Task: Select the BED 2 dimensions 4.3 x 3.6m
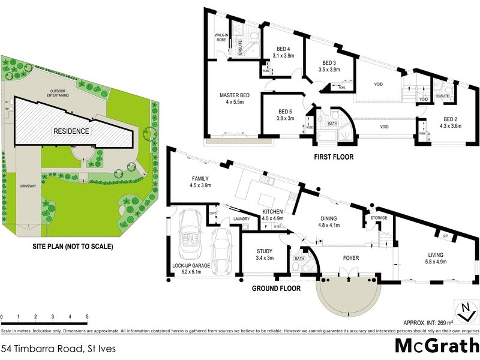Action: tap(451, 125)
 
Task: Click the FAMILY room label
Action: tap(199, 179)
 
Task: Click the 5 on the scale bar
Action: tap(87, 316)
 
